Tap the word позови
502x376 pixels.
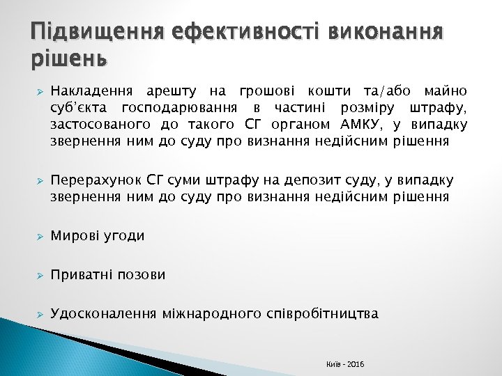[x=143, y=275]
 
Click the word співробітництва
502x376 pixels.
[x=323, y=314]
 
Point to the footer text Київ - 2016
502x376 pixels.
[x=344, y=365]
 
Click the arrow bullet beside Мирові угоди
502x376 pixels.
[x=40, y=237]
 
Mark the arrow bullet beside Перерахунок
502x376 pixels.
[x=40, y=182]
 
